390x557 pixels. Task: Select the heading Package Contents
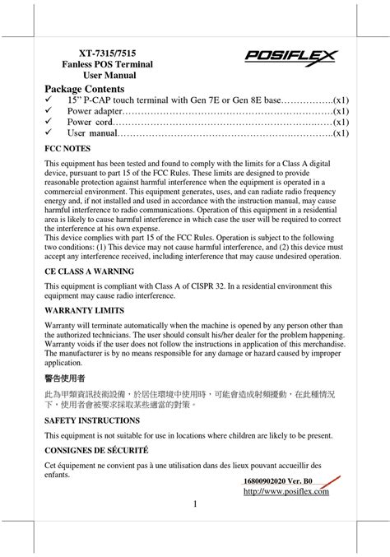click(84, 88)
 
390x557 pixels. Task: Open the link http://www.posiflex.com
click(286, 492)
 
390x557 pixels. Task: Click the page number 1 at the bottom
click(196, 504)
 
